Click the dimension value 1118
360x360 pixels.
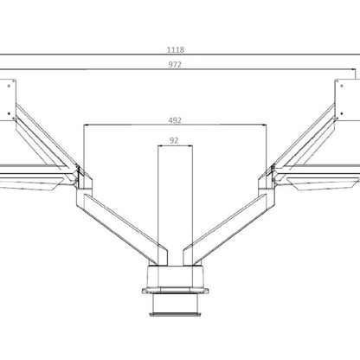(x=179, y=50)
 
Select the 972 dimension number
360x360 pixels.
(x=179, y=65)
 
